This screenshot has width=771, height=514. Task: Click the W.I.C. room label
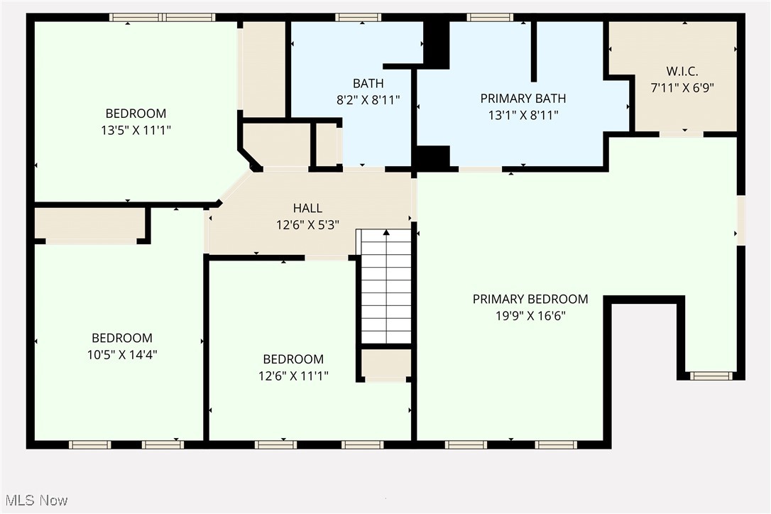click(682, 71)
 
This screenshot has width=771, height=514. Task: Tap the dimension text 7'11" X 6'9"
click(682, 88)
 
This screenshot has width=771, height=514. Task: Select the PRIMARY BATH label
click(523, 99)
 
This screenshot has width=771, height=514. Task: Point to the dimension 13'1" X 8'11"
click(523, 115)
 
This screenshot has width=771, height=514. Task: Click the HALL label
click(307, 208)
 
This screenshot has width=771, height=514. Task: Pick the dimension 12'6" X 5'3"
click(307, 225)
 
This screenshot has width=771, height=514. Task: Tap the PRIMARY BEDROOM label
click(530, 299)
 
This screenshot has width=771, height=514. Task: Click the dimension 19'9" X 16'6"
click(530, 316)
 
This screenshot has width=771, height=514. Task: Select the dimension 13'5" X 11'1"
click(136, 131)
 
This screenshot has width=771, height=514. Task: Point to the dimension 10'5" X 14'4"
click(122, 355)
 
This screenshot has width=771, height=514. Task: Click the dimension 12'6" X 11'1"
click(293, 376)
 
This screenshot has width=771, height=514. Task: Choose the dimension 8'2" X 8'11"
click(368, 100)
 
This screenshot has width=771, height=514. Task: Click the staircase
click(386, 286)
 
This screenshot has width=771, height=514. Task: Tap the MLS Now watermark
click(36, 501)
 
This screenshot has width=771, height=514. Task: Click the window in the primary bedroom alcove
click(711, 376)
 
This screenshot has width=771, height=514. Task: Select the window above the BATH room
click(358, 18)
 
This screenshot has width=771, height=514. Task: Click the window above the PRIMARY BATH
click(490, 18)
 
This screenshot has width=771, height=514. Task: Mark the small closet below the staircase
click(386, 364)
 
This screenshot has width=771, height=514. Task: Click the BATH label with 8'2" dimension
click(368, 84)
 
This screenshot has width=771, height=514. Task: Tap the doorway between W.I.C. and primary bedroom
click(682, 134)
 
